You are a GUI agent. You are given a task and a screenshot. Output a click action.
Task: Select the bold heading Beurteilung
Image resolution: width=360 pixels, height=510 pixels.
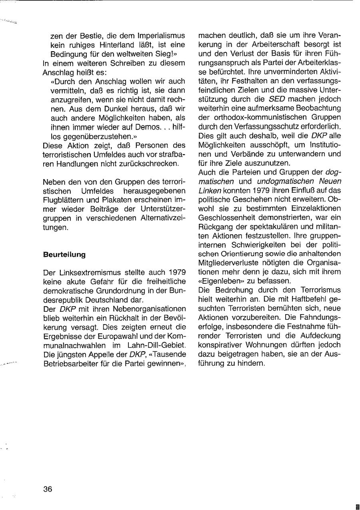pyautogui.click(x=64, y=254)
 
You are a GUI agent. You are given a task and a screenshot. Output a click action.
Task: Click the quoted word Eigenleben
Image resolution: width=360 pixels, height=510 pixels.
pyautogui.click(x=219, y=281)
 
